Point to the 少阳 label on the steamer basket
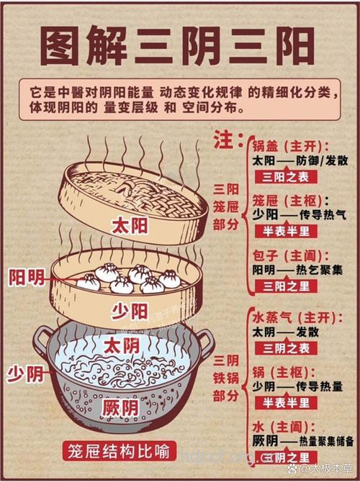130,311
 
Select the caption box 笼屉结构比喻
118,452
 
